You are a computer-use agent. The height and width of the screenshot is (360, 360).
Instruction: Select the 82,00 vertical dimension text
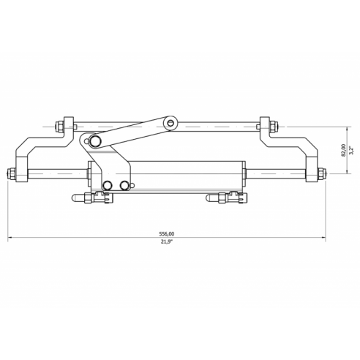tap(343, 150)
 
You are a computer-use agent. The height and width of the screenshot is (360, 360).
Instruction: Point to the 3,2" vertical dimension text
tap(351, 150)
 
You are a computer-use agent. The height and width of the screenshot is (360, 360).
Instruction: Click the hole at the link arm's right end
tap(171, 122)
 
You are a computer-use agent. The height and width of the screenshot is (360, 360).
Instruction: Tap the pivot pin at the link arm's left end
tap(92, 140)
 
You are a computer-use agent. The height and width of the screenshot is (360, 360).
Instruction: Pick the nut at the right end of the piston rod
tap(320, 174)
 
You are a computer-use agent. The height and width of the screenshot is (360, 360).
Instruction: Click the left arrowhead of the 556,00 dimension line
tap(10, 238)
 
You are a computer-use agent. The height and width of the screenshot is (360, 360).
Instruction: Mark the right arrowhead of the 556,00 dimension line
tap(326, 238)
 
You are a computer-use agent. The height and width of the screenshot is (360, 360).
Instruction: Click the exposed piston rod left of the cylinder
tap(59, 174)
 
